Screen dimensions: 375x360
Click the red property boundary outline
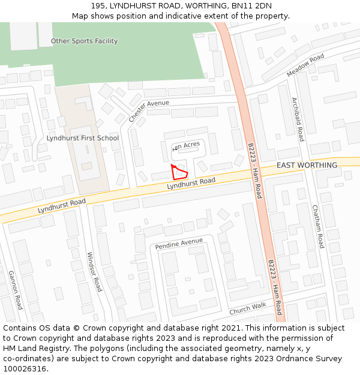click(179, 172)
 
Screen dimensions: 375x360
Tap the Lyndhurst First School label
click(83, 138)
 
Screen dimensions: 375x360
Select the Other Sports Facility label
click(84, 41)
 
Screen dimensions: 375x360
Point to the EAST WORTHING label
click(307, 165)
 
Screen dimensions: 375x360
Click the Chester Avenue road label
click(149, 111)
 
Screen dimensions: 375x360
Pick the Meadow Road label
click(305, 65)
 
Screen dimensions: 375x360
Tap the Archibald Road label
click(298, 119)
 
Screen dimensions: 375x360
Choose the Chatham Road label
click(317, 226)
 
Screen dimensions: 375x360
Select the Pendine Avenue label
click(179, 244)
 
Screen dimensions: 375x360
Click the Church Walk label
click(247, 308)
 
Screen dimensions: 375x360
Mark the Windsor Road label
click(94, 271)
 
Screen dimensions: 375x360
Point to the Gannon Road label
click(15, 289)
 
